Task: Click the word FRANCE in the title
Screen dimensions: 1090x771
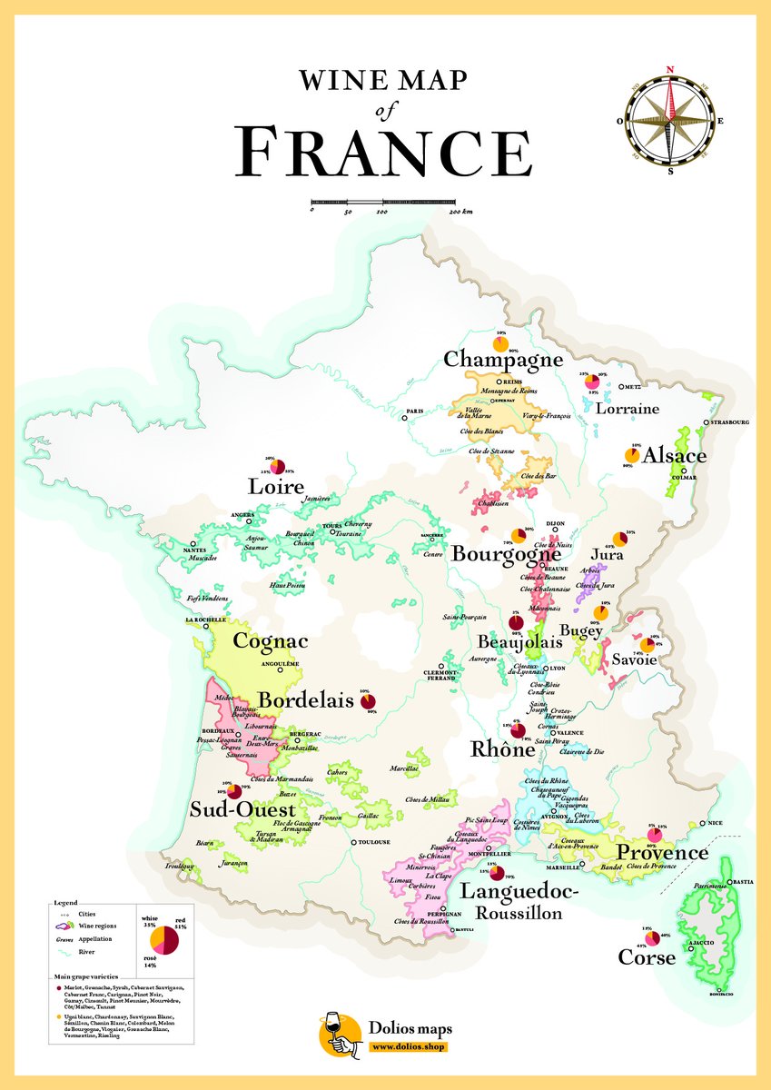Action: point(384,152)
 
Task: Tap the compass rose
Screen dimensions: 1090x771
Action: point(670,120)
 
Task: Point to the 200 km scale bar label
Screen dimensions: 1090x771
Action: point(460,212)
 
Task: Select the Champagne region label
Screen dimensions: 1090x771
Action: point(503,360)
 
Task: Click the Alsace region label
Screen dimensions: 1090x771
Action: point(674,456)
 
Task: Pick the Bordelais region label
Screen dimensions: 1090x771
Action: point(306,700)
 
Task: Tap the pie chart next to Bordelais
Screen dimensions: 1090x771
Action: point(368,701)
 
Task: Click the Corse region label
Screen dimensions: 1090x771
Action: point(647,957)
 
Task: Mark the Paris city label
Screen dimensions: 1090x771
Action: point(416,411)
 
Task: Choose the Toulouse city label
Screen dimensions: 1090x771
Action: point(372,842)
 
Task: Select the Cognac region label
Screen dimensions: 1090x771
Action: point(271,640)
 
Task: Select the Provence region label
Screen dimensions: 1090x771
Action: point(662,853)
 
